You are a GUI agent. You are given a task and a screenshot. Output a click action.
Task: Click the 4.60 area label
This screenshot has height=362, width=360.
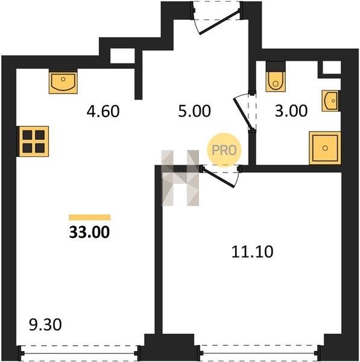[103, 111]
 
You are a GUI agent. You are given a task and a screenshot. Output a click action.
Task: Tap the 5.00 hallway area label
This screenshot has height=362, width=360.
[195, 111]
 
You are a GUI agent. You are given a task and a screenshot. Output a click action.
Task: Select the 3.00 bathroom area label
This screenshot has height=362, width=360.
[291, 111]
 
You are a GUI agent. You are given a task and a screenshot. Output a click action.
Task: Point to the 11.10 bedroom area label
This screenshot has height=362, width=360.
[252, 252]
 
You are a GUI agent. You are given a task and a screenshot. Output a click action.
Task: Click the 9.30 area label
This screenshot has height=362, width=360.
[45, 325]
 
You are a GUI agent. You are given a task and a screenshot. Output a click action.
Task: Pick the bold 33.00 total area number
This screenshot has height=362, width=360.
[89, 232]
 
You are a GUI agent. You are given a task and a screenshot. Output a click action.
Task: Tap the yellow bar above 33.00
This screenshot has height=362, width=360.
[90, 217]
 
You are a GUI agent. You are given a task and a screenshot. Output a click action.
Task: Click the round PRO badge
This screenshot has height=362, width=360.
[224, 150]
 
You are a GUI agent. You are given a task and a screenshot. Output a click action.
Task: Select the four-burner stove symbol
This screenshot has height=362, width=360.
[33, 141]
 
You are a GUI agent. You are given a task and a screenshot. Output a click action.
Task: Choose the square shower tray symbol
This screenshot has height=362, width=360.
[325, 148]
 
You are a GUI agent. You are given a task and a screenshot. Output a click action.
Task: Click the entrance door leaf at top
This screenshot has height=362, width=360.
[219, 22]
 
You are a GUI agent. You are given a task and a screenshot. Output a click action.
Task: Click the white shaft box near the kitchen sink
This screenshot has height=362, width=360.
[122, 56]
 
